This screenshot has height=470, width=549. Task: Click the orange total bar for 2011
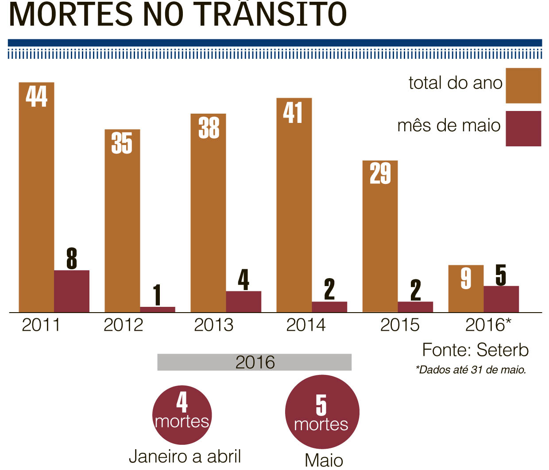pos(36,199)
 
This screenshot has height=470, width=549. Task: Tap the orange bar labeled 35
pos(122,221)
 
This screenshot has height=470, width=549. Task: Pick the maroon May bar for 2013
pos(244,302)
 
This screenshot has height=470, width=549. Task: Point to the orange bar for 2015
pos(380,239)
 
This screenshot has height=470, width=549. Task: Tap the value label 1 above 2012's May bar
pos(157,294)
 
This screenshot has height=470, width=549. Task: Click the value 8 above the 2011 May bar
pos(72,259)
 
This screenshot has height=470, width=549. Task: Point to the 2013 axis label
pos(213,325)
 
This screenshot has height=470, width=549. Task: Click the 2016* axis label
pos(488,325)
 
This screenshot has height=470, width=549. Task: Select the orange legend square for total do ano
pos(523,85)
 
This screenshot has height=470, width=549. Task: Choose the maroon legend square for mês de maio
pos(523,128)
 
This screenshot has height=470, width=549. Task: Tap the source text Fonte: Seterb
pos(475,350)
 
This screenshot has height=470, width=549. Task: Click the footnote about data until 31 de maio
pos(471,370)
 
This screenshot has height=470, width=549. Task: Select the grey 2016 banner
pos(255,362)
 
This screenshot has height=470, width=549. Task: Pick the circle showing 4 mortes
pos(182,415)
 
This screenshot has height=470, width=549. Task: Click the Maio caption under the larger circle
pos(324,460)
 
